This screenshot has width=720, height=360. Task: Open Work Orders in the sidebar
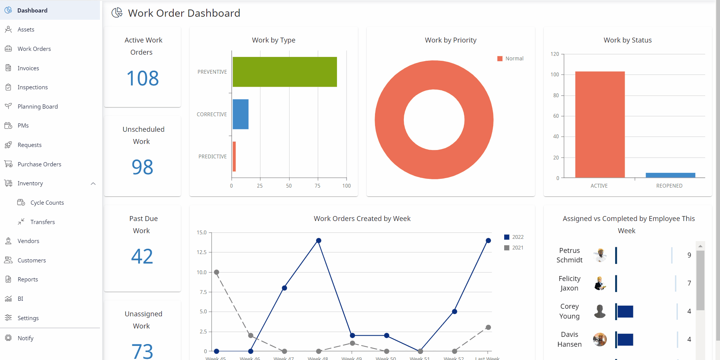pyautogui.click(x=34, y=49)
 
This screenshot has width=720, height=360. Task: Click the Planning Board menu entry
pyautogui.click(x=37, y=107)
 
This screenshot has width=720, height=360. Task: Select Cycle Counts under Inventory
pyautogui.click(x=47, y=203)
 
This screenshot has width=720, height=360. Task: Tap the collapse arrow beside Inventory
pyautogui.click(x=93, y=184)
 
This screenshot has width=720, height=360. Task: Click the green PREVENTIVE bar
pyautogui.click(x=285, y=72)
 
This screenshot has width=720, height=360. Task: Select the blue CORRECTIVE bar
pyautogui.click(x=241, y=114)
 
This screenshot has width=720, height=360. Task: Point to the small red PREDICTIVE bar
pyautogui.click(x=234, y=156)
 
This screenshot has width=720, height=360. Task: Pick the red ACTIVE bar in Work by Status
pyautogui.click(x=600, y=124)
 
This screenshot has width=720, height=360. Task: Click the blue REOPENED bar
pyautogui.click(x=670, y=175)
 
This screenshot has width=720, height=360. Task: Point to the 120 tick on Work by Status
pyautogui.click(x=555, y=54)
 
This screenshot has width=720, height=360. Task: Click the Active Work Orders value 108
pyautogui.click(x=142, y=78)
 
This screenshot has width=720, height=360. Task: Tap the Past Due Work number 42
pyautogui.click(x=142, y=256)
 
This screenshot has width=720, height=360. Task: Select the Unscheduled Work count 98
pyautogui.click(x=142, y=167)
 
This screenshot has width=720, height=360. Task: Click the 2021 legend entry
pyautogui.click(x=514, y=248)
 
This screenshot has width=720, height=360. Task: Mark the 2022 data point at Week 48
pyautogui.click(x=319, y=240)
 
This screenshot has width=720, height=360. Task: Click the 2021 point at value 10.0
pyautogui.click(x=217, y=272)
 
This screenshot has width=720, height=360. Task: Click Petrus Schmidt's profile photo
pyautogui.click(x=600, y=255)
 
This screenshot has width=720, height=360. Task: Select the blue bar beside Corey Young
pyautogui.click(x=625, y=311)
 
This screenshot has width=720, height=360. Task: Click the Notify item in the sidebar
pyautogui.click(x=25, y=338)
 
